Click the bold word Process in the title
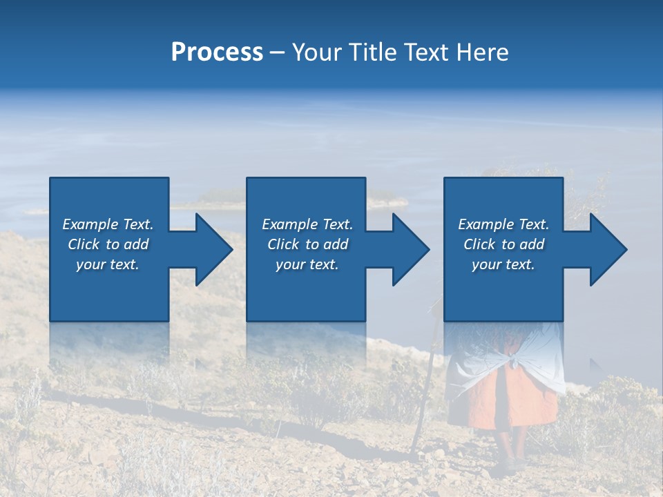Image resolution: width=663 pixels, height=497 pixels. tap(217, 52)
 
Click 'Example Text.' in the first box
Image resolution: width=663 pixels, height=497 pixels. tap(108, 224)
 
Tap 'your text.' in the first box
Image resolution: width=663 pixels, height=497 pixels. tap(108, 264)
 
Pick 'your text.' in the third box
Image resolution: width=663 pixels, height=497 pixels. tap(503, 264)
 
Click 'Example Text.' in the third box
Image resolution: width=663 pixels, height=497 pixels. tap(503, 224)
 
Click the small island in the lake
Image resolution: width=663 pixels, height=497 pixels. tap(214, 199)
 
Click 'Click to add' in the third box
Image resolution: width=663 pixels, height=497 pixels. tap(503, 244)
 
